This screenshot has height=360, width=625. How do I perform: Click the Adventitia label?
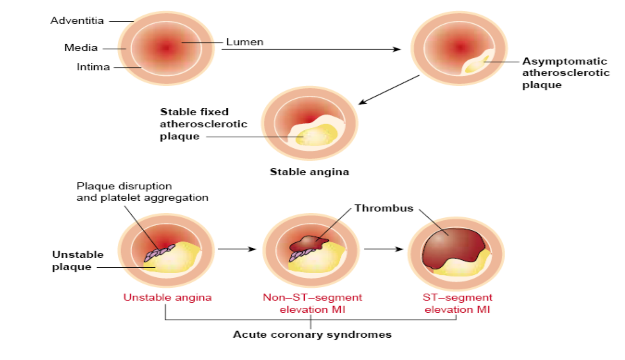click(x=77, y=20)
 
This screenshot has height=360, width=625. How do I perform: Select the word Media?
click(x=81, y=48)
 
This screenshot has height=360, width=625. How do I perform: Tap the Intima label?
click(x=93, y=67)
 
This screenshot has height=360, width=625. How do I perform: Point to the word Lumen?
click(x=245, y=42)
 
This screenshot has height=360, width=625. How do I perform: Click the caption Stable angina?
click(x=309, y=172)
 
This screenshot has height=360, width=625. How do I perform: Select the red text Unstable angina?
click(x=167, y=297)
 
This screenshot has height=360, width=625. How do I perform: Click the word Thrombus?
click(x=383, y=208)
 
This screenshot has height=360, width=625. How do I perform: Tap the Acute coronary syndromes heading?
click(x=312, y=335)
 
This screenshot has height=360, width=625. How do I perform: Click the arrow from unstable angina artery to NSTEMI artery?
click(x=237, y=249)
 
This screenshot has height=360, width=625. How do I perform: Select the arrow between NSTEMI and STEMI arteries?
click(x=383, y=249)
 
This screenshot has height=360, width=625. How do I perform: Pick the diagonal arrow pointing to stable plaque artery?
click(x=388, y=90)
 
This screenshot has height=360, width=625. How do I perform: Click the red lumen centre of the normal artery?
click(x=166, y=48)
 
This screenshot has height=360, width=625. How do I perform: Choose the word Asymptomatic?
click(x=564, y=61)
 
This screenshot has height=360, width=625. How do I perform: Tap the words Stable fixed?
click(x=194, y=112)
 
